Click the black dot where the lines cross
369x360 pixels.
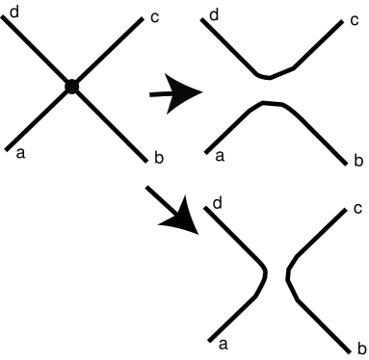(71, 87)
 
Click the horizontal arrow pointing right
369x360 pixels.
(175, 94)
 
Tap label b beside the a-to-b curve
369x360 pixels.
(356, 157)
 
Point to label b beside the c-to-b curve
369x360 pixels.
(358, 347)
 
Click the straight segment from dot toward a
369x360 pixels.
(40, 116)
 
